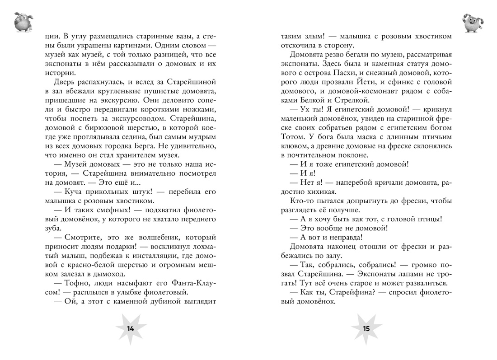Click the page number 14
131,329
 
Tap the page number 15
366,329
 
